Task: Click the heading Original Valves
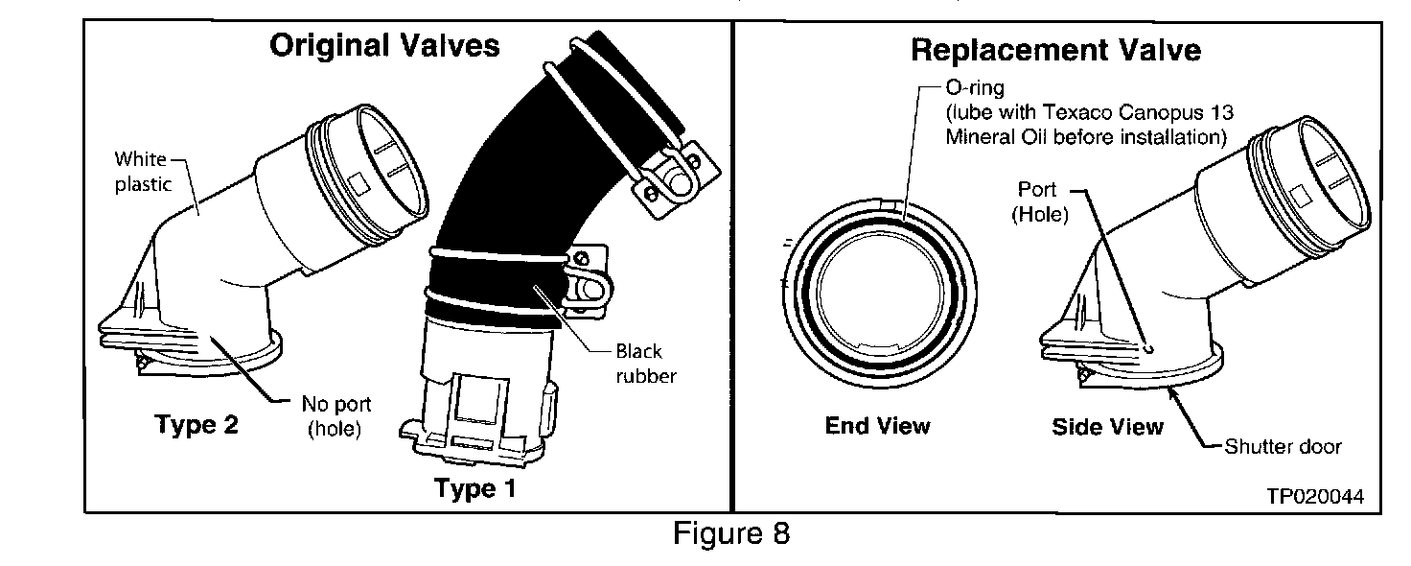click(x=384, y=46)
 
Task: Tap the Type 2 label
click(x=197, y=425)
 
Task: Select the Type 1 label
click(x=474, y=489)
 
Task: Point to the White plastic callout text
click(x=142, y=171)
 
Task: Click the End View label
click(x=877, y=425)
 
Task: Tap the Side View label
click(x=1107, y=427)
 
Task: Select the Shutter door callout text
click(x=1284, y=446)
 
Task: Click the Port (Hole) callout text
click(x=1040, y=202)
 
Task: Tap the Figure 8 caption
click(x=731, y=533)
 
